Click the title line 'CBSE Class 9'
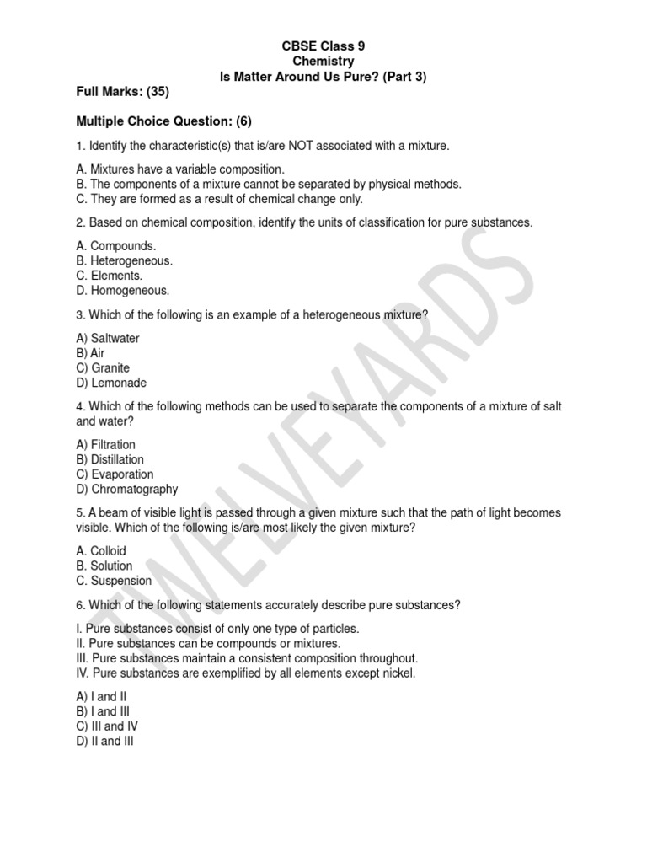(323, 47)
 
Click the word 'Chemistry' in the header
(323, 62)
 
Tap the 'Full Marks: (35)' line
(123, 92)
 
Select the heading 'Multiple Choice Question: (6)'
(158, 121)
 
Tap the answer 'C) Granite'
(103, 367)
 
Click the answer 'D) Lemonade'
(111, 383)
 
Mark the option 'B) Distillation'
(110, 459)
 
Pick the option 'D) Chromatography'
(126, 489)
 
